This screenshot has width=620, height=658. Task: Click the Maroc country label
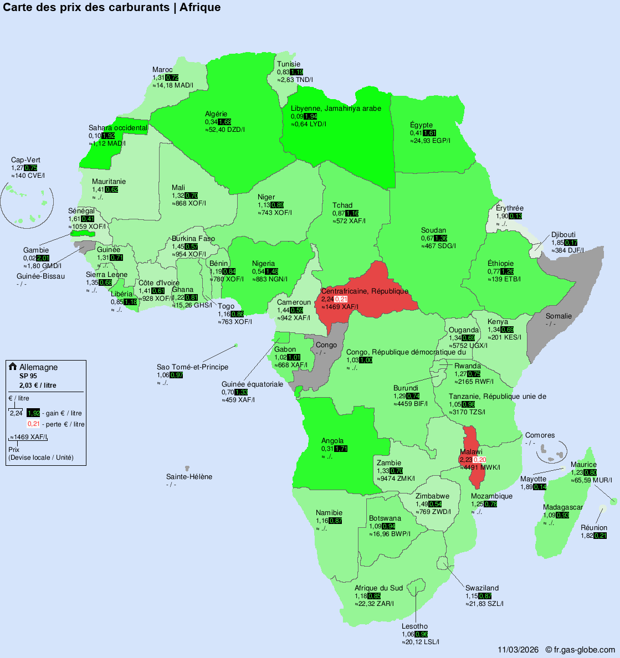(x=162, y=70)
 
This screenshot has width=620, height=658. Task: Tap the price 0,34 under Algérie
(x=211, y=122)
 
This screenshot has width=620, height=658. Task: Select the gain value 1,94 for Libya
(x=310, y=116)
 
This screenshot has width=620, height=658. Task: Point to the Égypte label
(x=421, y=125)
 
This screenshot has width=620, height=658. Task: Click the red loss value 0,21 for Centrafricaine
(x=341, y=299)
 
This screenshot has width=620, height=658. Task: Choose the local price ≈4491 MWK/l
(x=480, y=467)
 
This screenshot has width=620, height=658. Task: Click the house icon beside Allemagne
(x=13, y=367)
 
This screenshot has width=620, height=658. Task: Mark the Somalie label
(x=558, y=316)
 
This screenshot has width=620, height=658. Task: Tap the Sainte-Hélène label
(x=189, y=477)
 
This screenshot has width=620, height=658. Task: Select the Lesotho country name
(x=414, y=626)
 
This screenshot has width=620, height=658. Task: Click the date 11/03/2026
(x=518, y=650)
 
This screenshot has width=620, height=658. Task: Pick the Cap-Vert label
(x=25, y=160)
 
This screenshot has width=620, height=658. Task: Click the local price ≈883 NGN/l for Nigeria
(x=270, y=279)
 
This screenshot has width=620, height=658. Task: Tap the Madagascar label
(x=562, y=507)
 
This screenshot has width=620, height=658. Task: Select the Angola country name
(x=332, y=441)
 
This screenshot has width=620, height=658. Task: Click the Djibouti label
(x=563, y=235)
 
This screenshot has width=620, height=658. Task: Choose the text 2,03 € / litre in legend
(x=38, y=385)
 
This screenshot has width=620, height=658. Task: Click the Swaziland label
(x=482, y=588)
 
